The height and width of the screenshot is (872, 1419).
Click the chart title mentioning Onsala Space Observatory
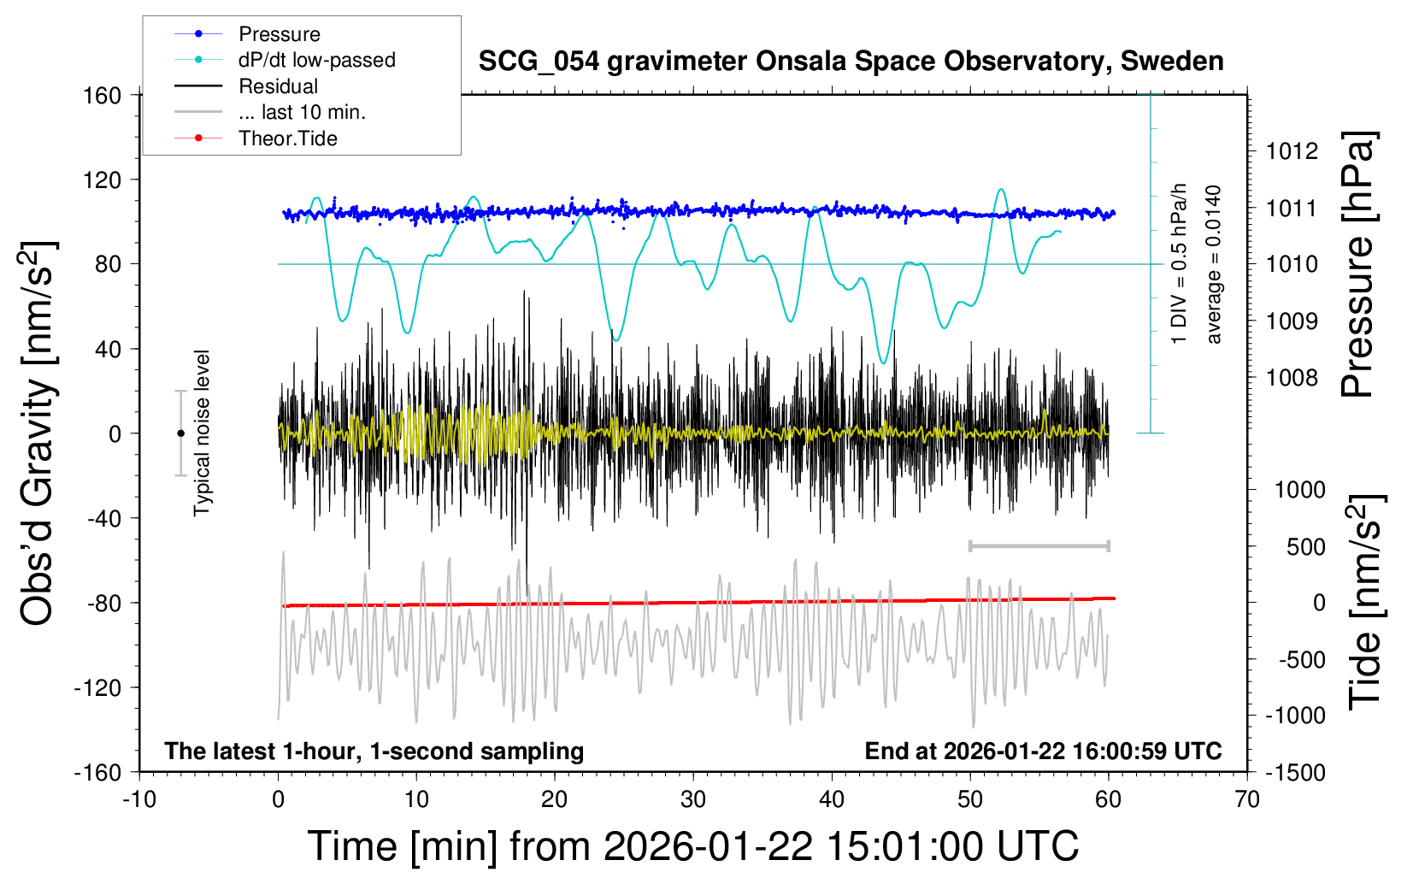coord(851,62)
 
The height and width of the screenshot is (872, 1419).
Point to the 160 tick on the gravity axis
coord(102,95)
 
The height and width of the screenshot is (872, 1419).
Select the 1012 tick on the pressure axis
coord(1292,151)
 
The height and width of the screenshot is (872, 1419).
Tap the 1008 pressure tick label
coord(1292,378)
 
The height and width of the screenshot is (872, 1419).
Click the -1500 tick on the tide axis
coord(1295,772)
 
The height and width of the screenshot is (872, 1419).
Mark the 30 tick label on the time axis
coord(693,799)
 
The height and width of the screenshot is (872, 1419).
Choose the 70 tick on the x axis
coord(1247,799)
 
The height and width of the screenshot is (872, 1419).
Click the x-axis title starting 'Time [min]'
coord(693,846)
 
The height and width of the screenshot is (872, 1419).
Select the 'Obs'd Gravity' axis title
coord(38,433)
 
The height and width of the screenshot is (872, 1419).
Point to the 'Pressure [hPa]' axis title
coord(1357,264)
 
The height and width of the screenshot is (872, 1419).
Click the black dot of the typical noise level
coord(180,433)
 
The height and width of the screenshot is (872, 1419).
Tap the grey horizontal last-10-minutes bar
coord(1039,545)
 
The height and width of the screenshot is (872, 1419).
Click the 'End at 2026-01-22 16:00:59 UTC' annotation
coord(1043,751)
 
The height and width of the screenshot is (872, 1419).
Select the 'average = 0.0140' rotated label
coord(1214,264)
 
